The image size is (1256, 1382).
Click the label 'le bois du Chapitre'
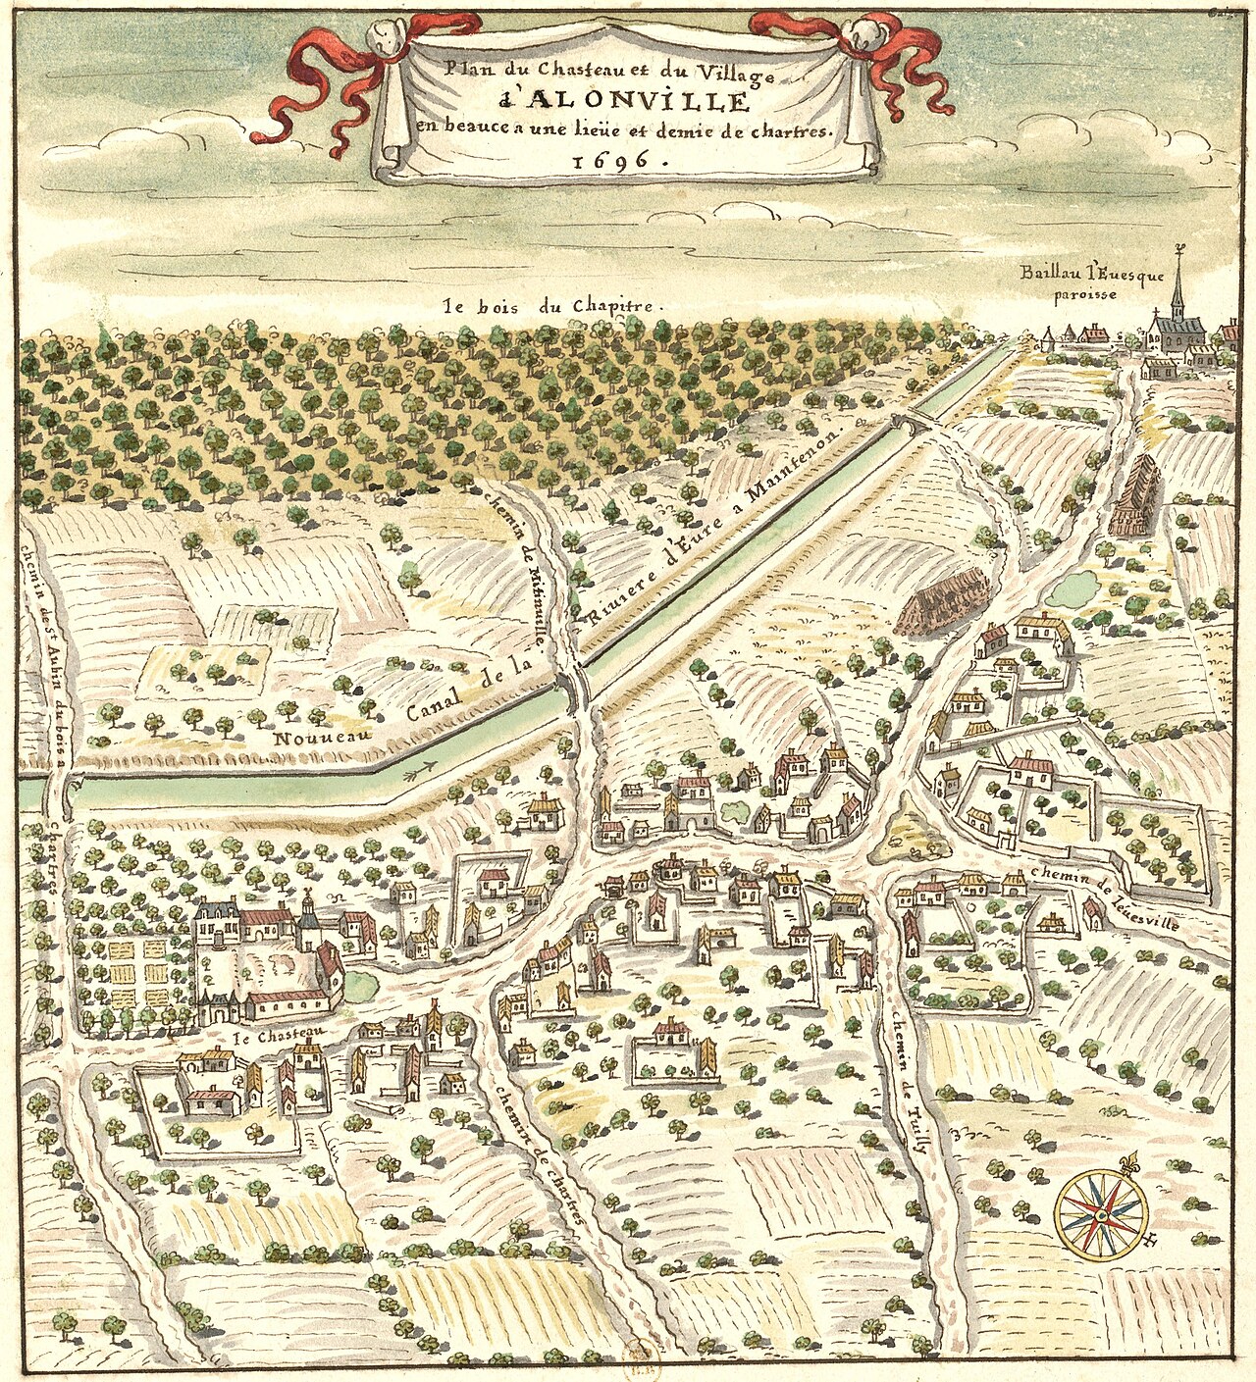coord(552,305)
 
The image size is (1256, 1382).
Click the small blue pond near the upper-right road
coord(1072,590)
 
